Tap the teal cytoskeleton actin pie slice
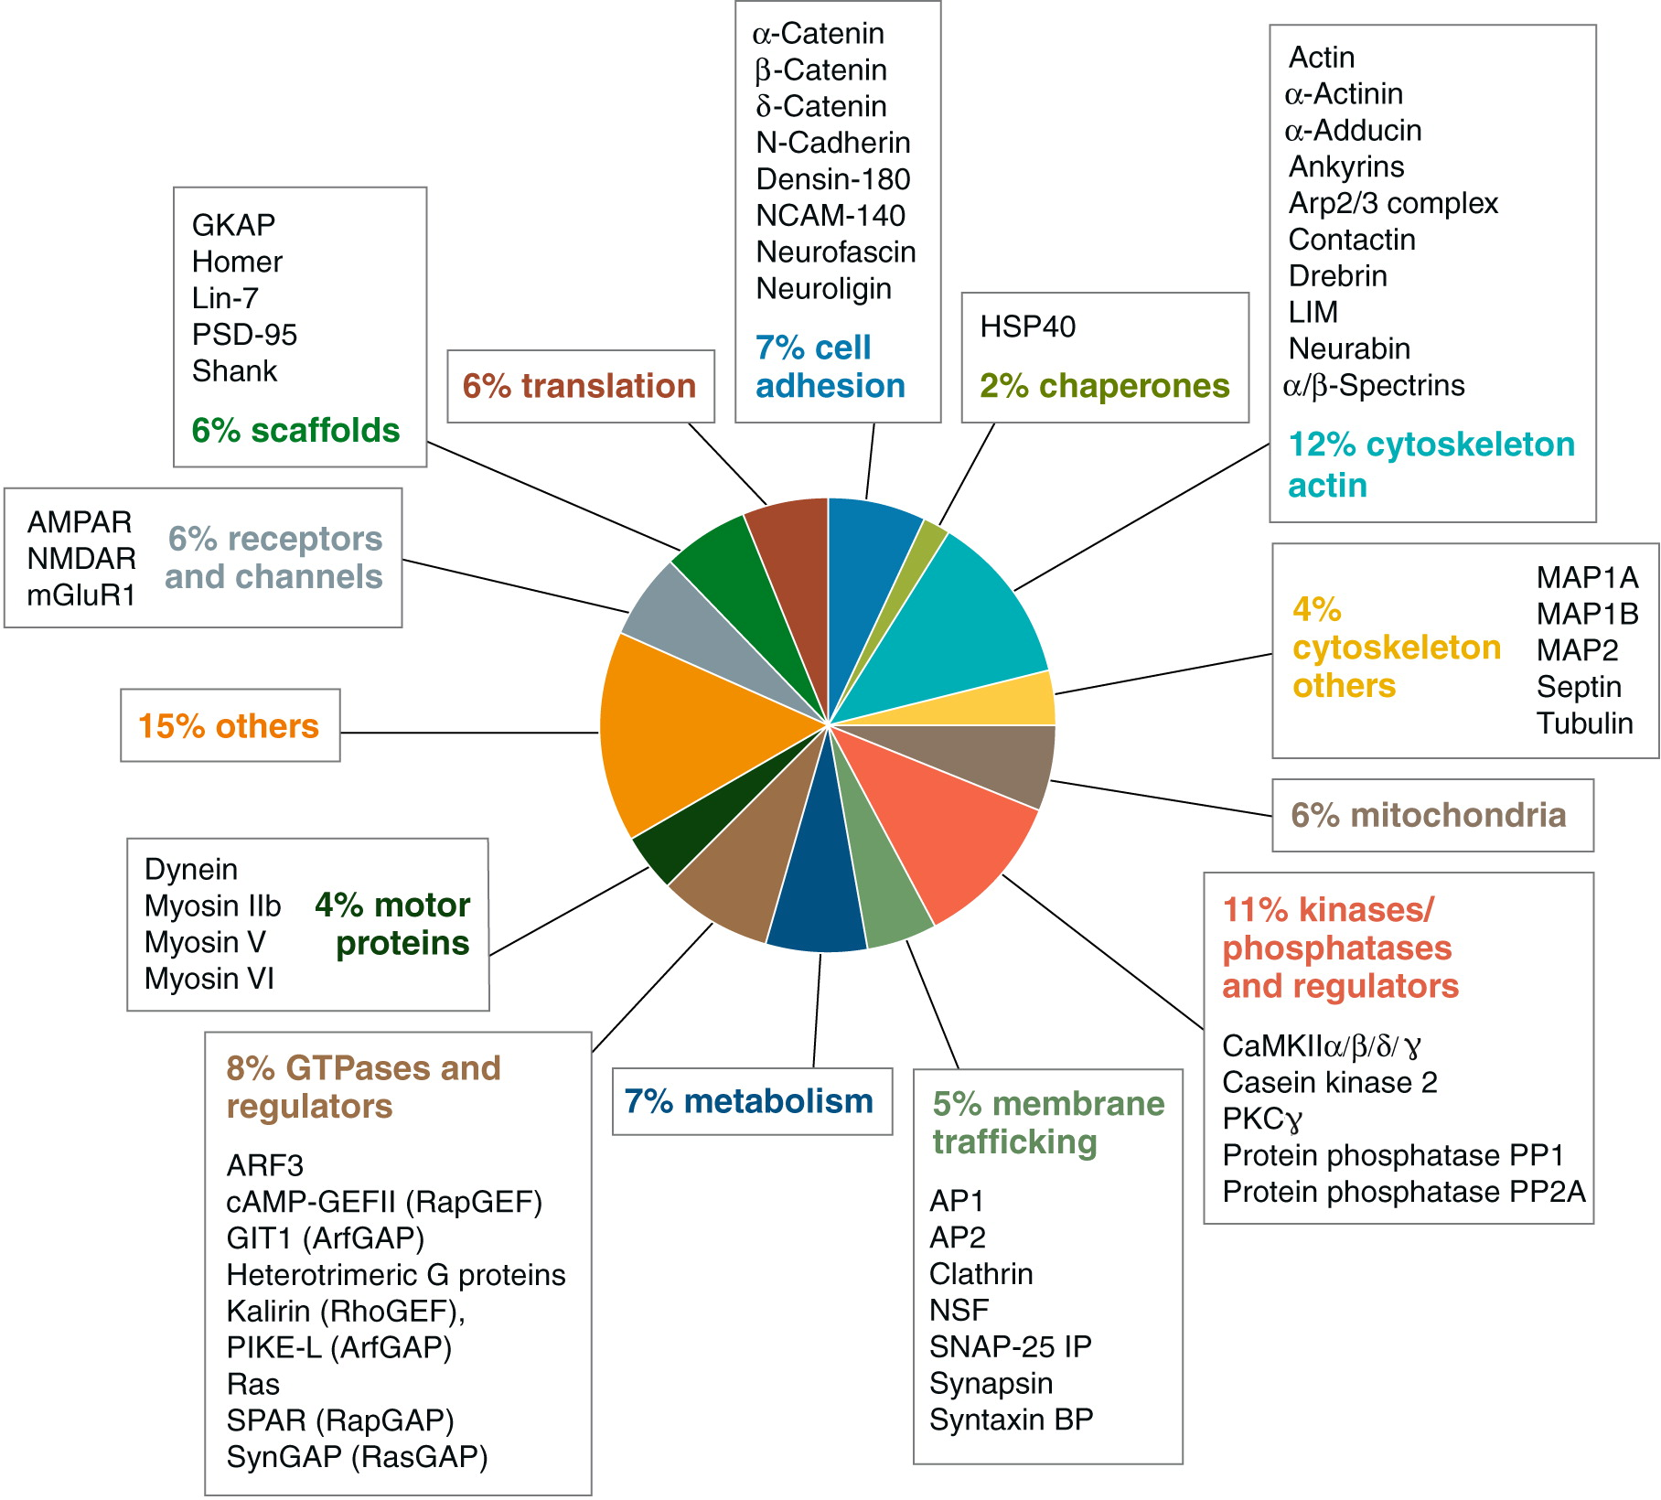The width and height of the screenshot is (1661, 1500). (970, 622)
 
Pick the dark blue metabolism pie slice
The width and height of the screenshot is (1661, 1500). (819, 878)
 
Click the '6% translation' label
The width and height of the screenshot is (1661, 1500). (579, 386)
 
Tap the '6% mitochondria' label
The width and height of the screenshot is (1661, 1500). (1428, 815)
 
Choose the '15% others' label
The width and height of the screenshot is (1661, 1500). (229, 726)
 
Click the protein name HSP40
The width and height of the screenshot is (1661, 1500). (1027, 327)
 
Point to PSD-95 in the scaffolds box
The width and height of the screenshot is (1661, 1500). (244, 335)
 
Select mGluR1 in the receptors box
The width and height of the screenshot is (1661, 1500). (81, 595)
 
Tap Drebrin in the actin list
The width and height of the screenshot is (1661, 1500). (1337, 275)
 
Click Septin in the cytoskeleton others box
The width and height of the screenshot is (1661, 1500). (1579, 687)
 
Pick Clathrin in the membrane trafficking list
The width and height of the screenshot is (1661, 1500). (981, 1273)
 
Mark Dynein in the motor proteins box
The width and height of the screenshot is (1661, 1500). (191, 869)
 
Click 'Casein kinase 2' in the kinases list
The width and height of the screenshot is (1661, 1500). (1329, 1083)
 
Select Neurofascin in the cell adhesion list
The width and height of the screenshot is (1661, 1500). (835, 252)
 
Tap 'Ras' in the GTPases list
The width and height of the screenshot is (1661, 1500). (252, 1384)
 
